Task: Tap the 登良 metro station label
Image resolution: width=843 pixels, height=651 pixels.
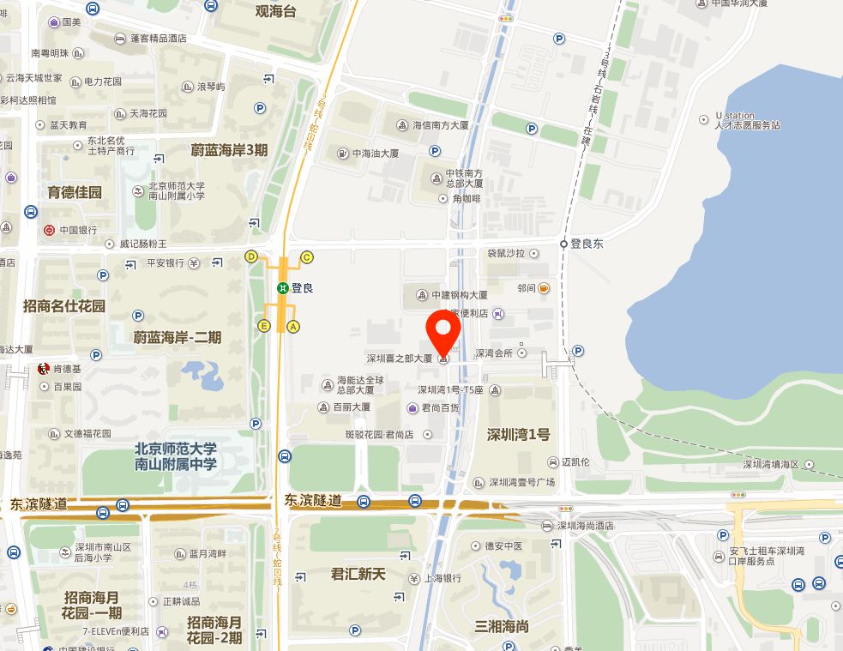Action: (302, 288)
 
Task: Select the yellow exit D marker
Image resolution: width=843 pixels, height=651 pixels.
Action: (251, 256)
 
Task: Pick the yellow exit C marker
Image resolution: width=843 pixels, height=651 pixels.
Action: (306, 256)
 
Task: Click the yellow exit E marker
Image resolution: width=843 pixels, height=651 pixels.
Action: (264, 326)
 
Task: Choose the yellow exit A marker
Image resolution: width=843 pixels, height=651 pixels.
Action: (294, 326)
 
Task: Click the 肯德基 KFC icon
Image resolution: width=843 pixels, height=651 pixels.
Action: (43, 370)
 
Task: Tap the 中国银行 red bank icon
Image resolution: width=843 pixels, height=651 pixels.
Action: (50, 230)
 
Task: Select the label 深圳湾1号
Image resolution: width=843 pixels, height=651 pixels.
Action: (518, 434)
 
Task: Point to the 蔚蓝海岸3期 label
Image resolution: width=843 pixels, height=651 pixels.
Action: (229, 150)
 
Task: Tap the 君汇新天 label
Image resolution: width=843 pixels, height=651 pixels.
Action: (358, 574)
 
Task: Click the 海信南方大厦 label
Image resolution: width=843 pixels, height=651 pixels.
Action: (441, 125)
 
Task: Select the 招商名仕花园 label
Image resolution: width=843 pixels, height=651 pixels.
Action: (64, 305)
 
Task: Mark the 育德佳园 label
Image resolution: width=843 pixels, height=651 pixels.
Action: (75, 192)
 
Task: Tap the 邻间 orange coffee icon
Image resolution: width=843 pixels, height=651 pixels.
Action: (543, 289)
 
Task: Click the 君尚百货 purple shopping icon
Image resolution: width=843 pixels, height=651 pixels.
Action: (413, 408)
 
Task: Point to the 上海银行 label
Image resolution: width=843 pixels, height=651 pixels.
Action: (447, 578)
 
